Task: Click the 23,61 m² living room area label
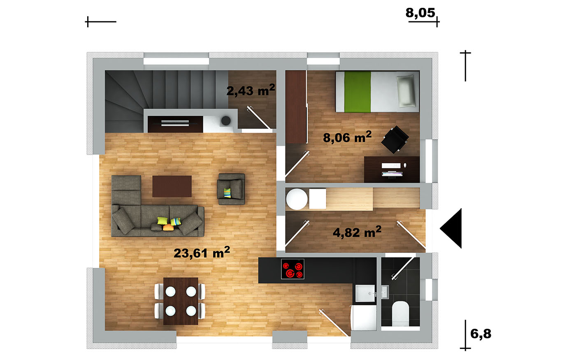click(x=202, y=252)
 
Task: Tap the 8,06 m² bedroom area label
click(x=347, y=137)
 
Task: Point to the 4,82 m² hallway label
click(x=357, y=232)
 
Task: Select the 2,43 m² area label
click(x=251, y=90)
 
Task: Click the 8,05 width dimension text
click(x=420, y=13)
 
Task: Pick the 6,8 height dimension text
click(x=481, y=334)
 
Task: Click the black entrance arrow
click(x=451, y=228)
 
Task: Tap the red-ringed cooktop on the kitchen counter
click(x=293, y=269)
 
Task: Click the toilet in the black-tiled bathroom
click(x=400, y=314)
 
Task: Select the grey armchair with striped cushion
click(x=231, y=189)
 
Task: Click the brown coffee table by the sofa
click(x=172, y=186)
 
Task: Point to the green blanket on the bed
click(x=358, y=92)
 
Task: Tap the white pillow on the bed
click(x=406, y=91)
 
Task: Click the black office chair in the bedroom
click(x=395, y=139)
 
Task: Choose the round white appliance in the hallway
click(x=297, y=199)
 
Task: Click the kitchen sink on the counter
click(x=365, y=293)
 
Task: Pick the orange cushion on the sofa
click(x=167, y=228)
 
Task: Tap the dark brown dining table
click(x=181, y=301)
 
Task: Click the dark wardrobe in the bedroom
click(x=296, y=107)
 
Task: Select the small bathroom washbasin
click(x=385, y=292)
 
